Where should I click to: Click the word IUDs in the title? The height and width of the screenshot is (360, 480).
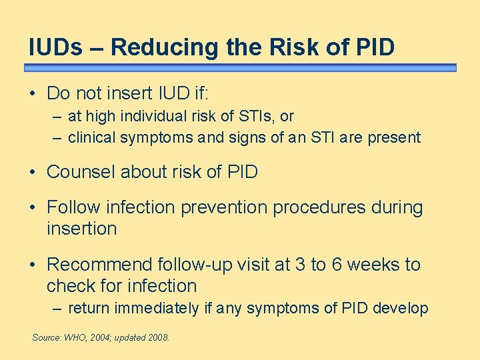point(56,47)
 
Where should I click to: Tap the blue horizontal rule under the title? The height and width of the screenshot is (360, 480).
point(240,68)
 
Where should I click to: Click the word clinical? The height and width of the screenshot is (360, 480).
point(91,138)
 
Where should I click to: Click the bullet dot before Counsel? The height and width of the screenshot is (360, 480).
point(33,173)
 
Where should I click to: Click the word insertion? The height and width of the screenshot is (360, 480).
point(81,229)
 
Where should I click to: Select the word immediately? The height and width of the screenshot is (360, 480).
point(157,309)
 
